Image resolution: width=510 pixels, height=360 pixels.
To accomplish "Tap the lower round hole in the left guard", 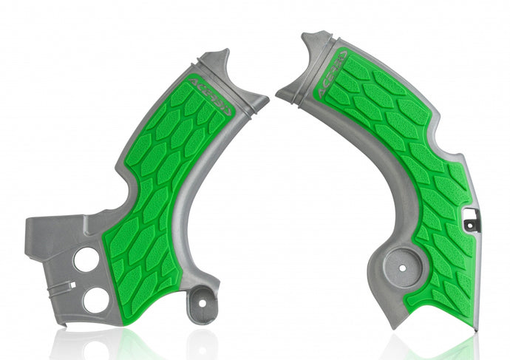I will coord(96,299).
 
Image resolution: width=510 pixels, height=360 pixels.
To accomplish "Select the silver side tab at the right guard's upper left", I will coord(290,92).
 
